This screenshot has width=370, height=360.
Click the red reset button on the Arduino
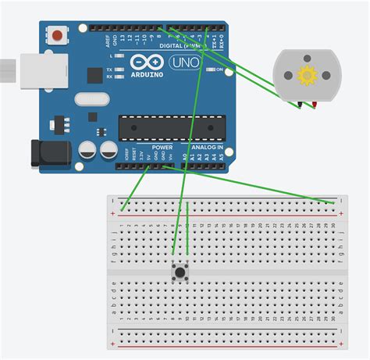(58, 36)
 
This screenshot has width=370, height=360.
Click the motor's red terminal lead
(315, 105)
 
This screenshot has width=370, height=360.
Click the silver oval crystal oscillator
(91, 98)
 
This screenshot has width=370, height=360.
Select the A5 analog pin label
(222, 157)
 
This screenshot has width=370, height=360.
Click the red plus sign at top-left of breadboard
(115, 212)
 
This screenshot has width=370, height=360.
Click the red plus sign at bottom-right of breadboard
(341, 344)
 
